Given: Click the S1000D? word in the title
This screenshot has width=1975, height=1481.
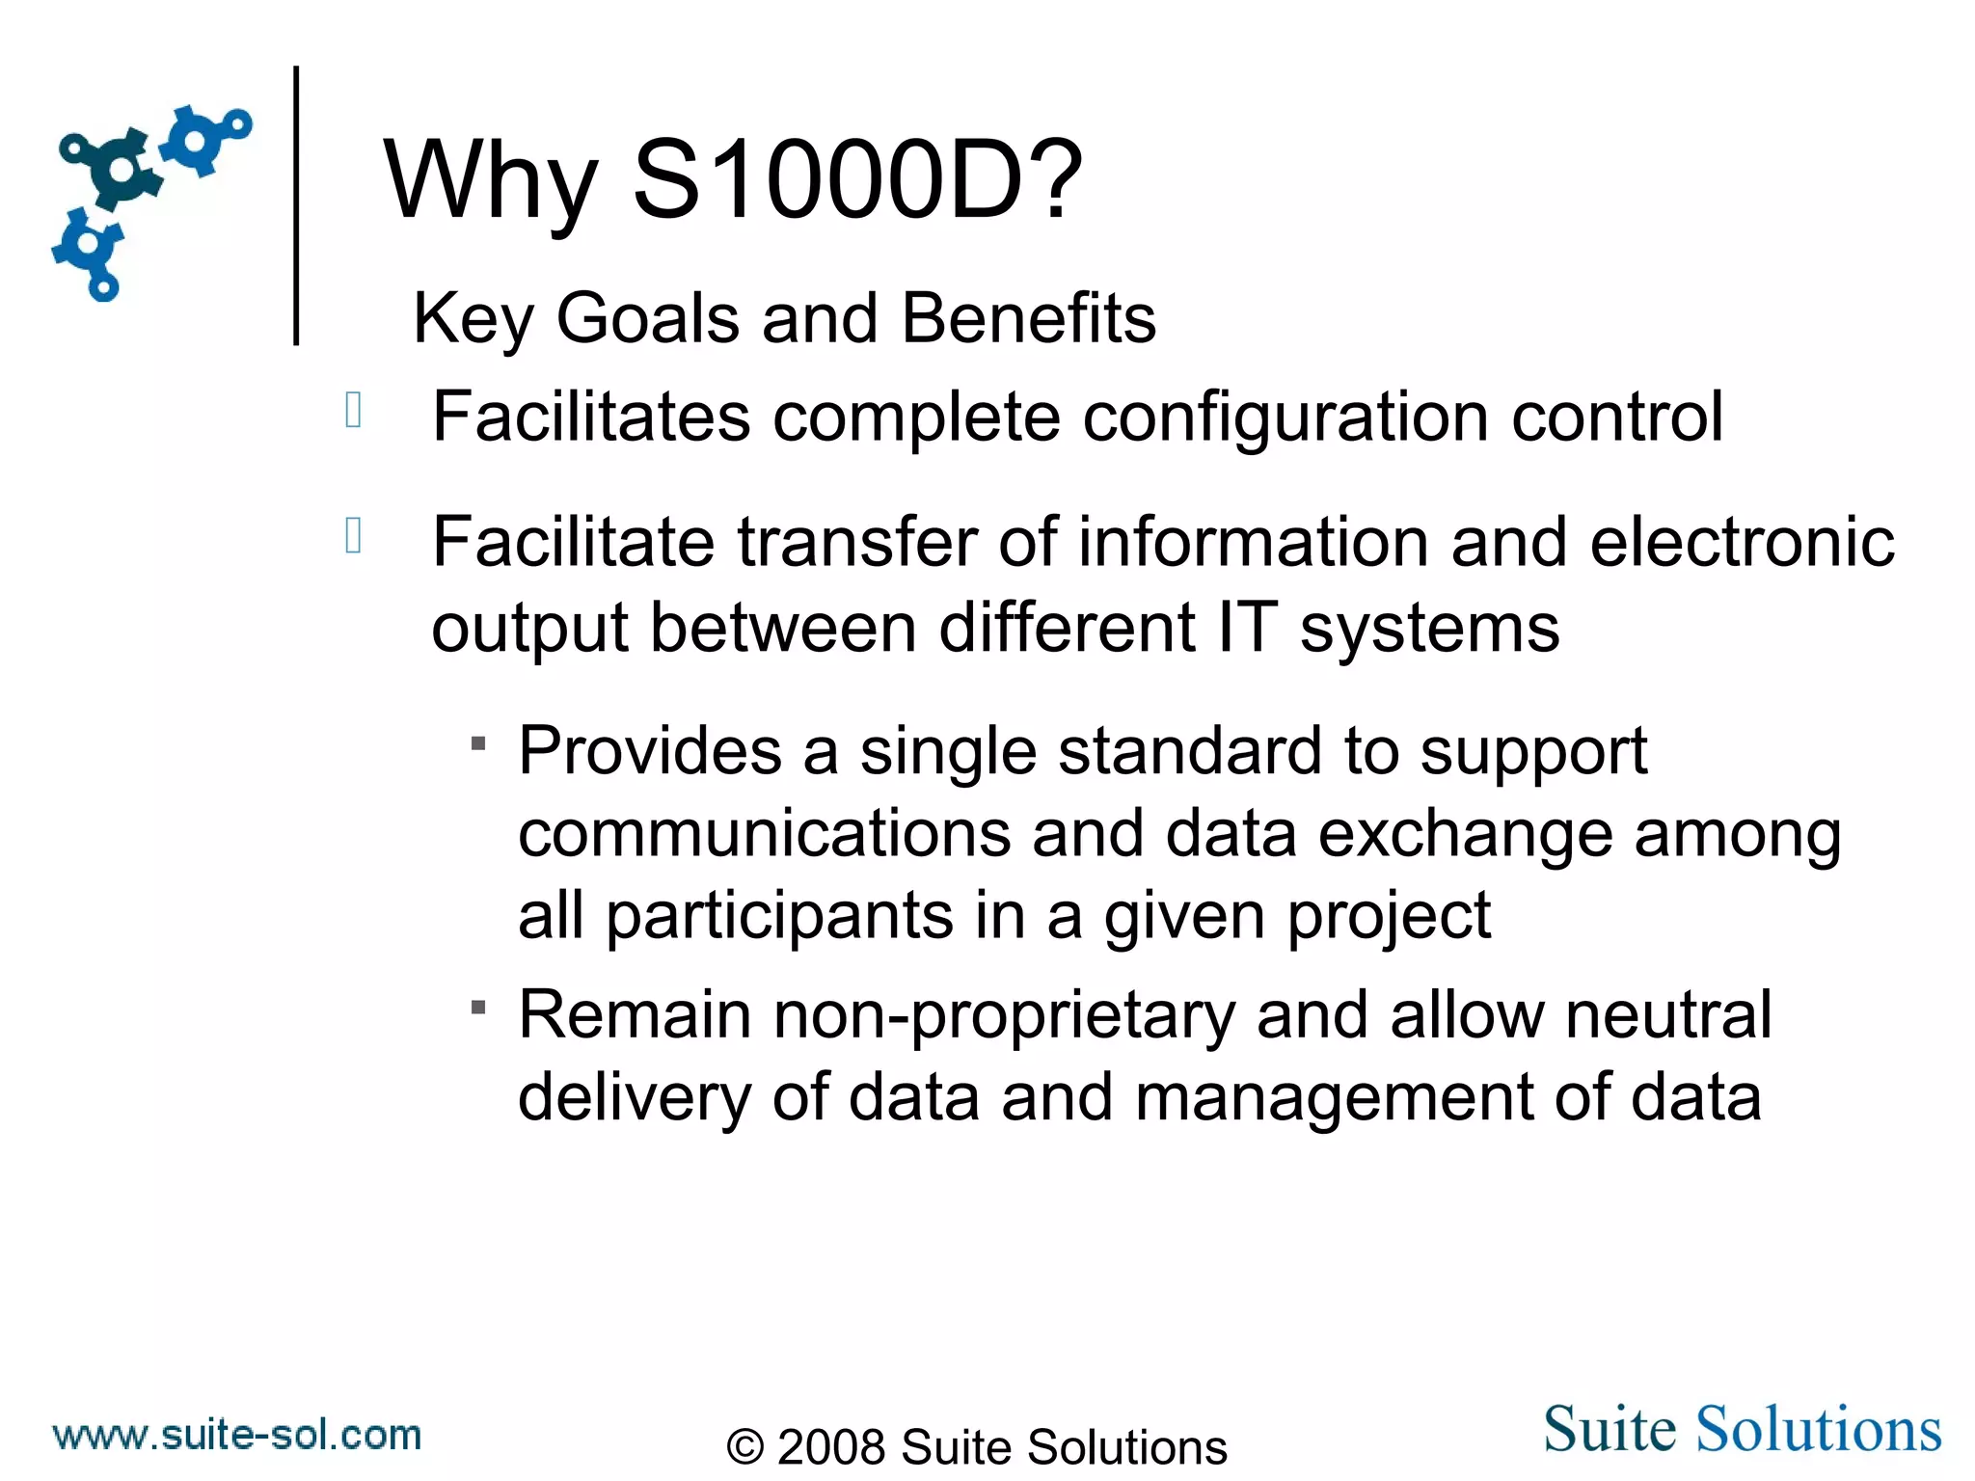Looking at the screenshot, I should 857,180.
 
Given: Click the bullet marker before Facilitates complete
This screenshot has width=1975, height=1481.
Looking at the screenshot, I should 353,410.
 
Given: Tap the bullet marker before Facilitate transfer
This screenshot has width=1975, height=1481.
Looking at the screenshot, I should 353,535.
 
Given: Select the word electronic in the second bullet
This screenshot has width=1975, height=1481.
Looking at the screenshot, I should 1742,542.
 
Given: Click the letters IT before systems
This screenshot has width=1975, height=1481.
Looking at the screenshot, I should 1247,628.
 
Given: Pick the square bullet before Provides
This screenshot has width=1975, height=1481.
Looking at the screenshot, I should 478,743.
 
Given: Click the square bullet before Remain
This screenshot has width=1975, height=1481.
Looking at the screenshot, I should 478,1008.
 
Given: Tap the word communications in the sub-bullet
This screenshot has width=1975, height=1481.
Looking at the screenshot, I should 764,834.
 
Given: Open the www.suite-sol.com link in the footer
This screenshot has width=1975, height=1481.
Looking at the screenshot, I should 237,1435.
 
